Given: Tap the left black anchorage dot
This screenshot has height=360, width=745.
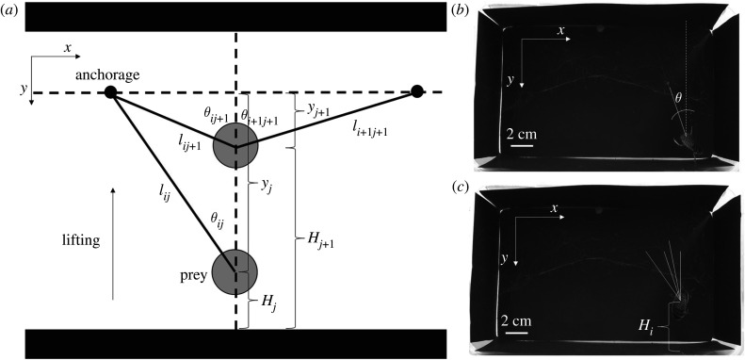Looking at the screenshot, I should [x=110, y=91].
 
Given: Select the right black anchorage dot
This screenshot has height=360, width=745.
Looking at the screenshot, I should [x=416, y=91].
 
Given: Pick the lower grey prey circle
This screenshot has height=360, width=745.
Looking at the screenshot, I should [x=234, y=270].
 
